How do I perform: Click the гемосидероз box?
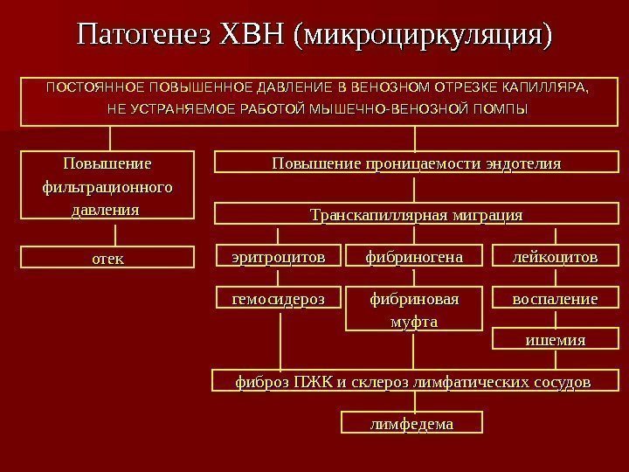(x=278, y=300)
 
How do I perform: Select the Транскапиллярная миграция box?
(x=416, y=215)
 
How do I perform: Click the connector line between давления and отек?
(x=110, y=233)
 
